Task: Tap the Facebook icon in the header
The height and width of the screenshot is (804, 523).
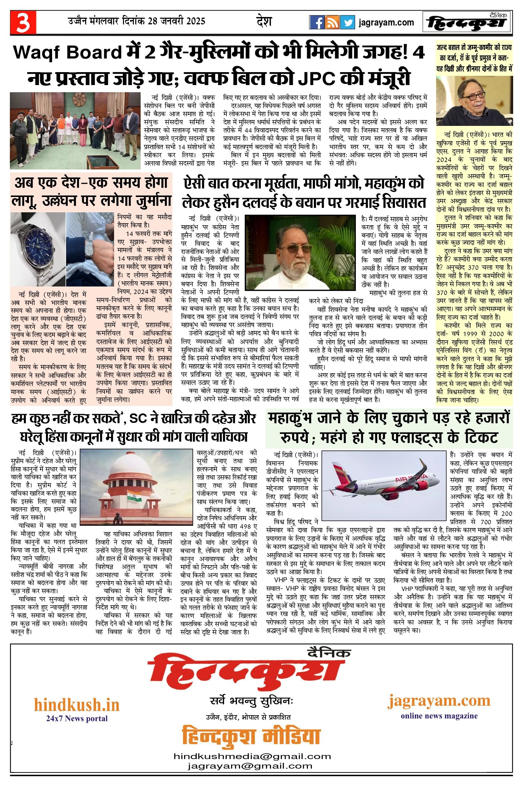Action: point(317,22)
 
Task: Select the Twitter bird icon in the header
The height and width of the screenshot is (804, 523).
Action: point(347,22)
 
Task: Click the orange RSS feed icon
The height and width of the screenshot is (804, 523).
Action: point(332,22)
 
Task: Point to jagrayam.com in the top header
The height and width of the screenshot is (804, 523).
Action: point(386,23)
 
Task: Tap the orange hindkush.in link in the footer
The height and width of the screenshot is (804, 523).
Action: point(77,705)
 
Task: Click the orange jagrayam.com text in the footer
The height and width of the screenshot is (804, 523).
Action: point(439,701)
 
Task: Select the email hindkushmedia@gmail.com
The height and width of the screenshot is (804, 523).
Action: point(252,756)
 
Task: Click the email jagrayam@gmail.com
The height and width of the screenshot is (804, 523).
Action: point(250,766)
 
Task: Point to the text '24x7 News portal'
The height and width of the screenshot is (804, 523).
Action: point(77,719)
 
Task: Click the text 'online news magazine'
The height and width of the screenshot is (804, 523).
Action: point(439,716)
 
